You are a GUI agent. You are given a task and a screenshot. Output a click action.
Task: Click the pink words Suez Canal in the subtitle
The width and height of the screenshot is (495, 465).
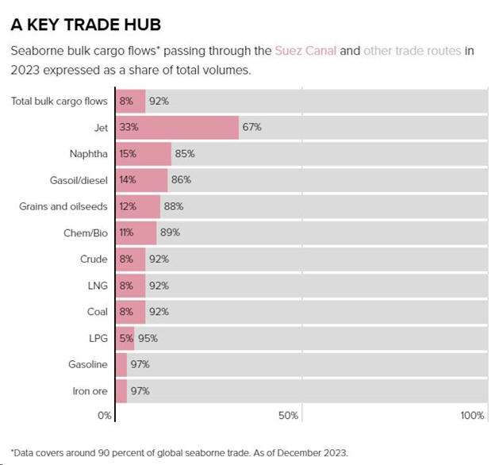click(305, 51)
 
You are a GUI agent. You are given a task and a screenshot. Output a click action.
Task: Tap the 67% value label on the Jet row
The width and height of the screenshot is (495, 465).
click(252, 127)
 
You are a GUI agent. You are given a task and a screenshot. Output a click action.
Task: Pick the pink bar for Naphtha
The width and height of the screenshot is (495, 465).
click(144, 153)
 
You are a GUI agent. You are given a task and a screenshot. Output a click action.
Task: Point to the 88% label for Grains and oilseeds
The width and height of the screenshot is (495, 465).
click(173, 206)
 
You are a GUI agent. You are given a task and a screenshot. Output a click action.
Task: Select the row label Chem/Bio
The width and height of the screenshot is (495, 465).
click(80, 232)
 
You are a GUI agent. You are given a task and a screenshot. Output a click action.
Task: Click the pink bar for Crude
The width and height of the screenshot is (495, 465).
click(131, 259)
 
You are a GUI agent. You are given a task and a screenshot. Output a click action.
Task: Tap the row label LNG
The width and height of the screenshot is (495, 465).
click(97, 285)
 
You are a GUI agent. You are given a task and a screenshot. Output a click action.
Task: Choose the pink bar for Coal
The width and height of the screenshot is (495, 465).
click(131, 311)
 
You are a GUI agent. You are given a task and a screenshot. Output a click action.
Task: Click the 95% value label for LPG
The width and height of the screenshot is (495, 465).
click(148, 338)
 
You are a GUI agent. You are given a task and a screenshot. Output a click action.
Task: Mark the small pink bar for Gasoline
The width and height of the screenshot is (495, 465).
click(121, 364)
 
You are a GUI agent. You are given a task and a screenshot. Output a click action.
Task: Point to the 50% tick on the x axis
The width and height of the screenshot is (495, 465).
click(289, 416)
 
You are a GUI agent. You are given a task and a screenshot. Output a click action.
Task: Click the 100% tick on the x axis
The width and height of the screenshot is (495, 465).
click(473, 416)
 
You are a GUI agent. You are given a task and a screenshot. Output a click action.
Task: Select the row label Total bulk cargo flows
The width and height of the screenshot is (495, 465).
click(59, 101)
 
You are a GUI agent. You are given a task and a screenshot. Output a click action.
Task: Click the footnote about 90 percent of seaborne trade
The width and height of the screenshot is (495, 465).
click(178, 453)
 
